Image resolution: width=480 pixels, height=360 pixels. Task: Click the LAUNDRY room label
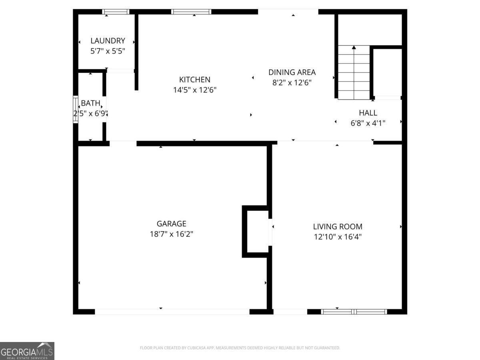(x=108, y=40)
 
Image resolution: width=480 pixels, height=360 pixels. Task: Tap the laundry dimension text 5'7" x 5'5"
(x=108, y=51)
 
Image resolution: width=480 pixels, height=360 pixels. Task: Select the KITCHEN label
(x=194, y=80)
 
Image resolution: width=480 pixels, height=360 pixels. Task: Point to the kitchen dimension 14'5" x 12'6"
(x=194, y=90)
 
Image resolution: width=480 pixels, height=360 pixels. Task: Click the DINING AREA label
(x=292, y=72)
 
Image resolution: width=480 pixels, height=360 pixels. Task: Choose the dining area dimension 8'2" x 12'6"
(x=292, y=83)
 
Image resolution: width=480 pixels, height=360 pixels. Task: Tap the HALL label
(x=368, y=113)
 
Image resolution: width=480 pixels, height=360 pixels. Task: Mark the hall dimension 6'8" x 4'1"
(x=368, y=123)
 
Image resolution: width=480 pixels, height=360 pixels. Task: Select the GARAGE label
(x=171, y=224)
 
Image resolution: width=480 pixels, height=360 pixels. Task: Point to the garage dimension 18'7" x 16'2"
(x=171, y=234)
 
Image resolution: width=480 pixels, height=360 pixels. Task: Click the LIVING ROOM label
(x=338, y=226)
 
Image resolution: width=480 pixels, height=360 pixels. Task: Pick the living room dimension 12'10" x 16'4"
(x=338, y=237)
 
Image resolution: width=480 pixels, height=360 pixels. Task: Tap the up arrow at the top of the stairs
(x=354, y=48)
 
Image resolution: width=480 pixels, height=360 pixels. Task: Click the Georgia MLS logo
(x=27, y=351)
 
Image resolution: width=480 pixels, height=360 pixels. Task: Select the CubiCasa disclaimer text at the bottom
(x=240, y=348)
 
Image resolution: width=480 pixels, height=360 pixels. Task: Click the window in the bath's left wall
(x=75, y=109)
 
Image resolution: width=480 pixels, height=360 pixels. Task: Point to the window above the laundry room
(x=116, y=12)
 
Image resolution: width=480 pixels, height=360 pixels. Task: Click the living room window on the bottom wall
(x=354, y=312)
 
